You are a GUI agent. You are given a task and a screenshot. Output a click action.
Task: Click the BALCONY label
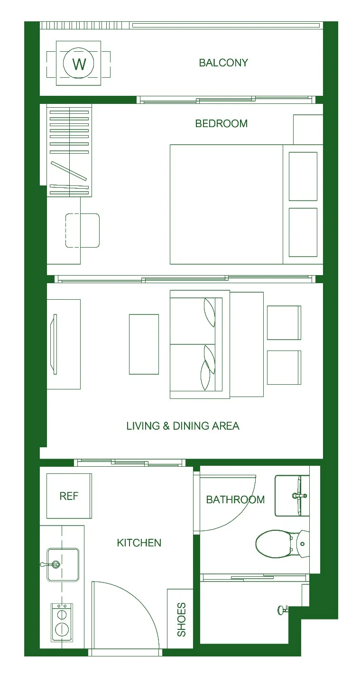(223, 63)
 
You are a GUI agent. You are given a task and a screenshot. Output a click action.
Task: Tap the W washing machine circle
(79, 63)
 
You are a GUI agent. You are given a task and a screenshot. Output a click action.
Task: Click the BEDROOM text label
(221, 123)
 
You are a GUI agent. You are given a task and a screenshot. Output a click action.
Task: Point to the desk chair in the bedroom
(83, 231)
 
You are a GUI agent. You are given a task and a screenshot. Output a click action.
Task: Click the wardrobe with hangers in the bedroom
(69, 150)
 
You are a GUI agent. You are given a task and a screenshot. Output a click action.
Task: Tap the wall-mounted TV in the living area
(54, 344)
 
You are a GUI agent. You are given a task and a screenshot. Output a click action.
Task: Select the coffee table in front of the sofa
(144, 344)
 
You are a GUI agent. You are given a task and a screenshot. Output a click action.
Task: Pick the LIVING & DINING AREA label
(183, 426)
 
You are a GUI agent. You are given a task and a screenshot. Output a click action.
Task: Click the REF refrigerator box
(69, 496)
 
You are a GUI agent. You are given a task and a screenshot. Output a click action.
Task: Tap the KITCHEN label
(139, 543)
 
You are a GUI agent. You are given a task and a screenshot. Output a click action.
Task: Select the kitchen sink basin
(63, 564)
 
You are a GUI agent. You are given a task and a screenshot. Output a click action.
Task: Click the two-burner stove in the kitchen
(62, 622)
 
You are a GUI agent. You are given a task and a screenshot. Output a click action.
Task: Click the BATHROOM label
(235, 499)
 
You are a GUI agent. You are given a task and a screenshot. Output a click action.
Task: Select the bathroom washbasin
(292, 496)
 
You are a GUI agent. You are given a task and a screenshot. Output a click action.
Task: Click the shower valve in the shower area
(283, 610)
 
